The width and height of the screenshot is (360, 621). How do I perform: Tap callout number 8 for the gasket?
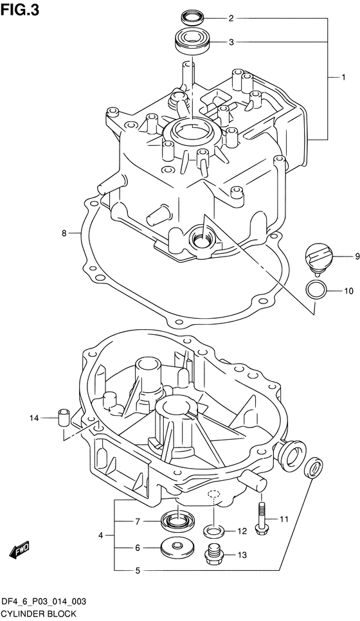64,233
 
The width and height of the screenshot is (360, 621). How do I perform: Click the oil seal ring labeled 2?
190,17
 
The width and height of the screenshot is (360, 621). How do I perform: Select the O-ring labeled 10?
315,289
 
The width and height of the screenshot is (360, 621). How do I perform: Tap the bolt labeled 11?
262,518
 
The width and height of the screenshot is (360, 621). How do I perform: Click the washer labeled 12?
215,531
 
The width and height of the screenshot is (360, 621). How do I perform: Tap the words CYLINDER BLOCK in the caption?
40,613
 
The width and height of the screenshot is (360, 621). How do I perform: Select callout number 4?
101,535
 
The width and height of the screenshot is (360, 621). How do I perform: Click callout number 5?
137,570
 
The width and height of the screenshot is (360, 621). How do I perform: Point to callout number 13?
242,554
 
